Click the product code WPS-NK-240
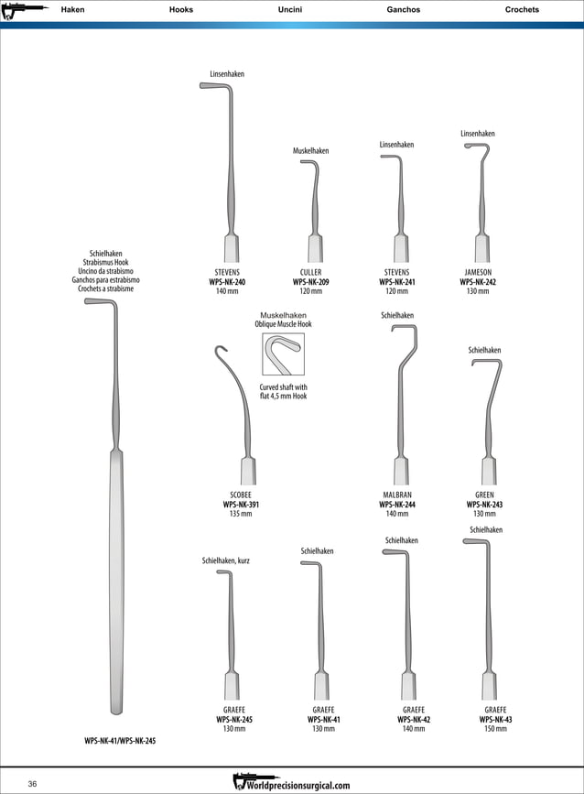227,282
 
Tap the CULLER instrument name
310,273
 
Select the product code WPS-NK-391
241,505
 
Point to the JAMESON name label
478,273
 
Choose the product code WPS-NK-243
484,505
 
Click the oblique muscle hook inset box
283,354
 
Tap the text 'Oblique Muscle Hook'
283,324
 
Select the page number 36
32,784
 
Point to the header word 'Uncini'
290,10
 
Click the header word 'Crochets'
522,10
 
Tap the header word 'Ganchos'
404,10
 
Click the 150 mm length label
495,729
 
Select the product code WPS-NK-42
414,720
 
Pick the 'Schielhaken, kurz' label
226,560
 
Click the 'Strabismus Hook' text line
105,262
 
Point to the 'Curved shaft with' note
283,387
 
